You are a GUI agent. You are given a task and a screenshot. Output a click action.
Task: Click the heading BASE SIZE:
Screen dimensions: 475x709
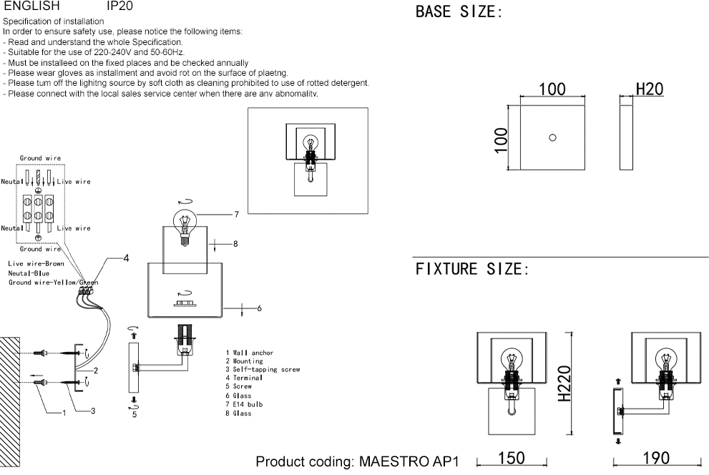tap(458, 13)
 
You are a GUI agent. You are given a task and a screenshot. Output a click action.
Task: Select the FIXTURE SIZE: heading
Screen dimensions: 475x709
tap(471, 270)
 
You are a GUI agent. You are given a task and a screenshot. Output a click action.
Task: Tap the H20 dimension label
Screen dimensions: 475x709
tap(650, 89)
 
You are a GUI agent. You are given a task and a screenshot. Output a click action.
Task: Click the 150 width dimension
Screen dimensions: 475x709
tap(511, 459)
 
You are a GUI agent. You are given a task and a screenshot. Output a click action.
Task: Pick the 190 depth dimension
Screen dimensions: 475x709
tap(656, 459)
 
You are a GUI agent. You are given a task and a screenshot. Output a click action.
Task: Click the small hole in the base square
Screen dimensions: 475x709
tap(552, 137)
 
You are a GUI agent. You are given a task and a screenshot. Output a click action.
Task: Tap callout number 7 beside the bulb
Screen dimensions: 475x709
tap(235, 215)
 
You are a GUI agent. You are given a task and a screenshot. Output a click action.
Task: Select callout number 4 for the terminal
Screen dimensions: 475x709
tap(126, 258)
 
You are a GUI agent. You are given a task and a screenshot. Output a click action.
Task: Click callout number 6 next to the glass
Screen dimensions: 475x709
tap(259, 308)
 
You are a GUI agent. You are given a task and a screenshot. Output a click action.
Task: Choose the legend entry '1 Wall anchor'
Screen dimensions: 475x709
tap(249, 353)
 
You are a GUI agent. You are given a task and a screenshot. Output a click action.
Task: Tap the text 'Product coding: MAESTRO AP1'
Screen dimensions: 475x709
tap(356, 461)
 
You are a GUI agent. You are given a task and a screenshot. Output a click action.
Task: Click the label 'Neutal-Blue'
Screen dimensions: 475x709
tap(29, 273)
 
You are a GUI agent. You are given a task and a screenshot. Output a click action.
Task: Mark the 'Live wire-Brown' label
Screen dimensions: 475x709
tap(36, 264)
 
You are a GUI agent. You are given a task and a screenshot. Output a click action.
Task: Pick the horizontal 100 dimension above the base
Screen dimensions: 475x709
tap(552, 89)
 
